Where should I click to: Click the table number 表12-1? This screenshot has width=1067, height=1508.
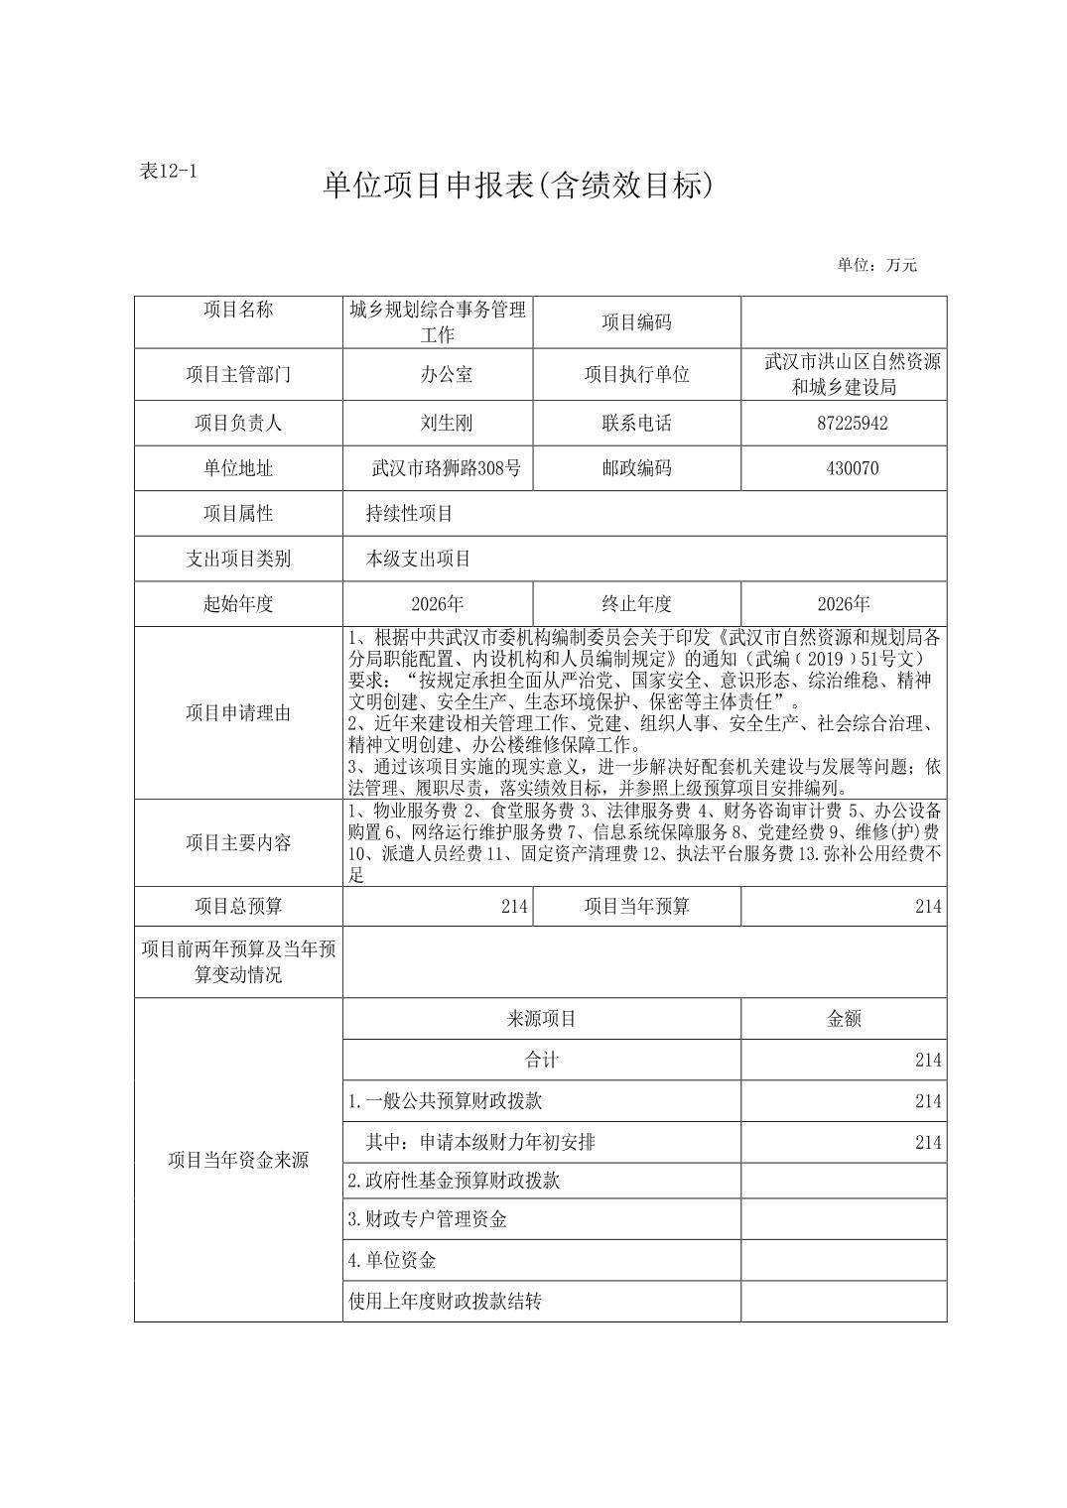coord(170,170)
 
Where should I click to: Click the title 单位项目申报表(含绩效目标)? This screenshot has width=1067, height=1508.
coord(518,186)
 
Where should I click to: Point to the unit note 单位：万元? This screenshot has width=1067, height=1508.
coord(877,265)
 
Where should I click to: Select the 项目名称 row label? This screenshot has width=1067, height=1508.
coord(238,310)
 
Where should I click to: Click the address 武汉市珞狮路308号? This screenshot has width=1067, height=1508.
coord(446,468)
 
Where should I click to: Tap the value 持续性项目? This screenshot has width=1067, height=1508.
coord(409,514)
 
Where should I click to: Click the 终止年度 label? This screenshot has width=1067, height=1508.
coord(636,603)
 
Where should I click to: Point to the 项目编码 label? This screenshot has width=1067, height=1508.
coord(636,322)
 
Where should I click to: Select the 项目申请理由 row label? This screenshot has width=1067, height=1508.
coord(238,712)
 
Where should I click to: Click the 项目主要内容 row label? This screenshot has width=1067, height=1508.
coord(238,842)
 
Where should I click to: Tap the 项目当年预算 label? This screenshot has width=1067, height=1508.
coord(636,906)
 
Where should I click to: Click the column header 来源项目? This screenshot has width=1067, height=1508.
coord(541,1019)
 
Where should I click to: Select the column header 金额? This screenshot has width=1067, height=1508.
coord(844,1019)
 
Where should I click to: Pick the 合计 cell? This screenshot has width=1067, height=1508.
coord(541,1060)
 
